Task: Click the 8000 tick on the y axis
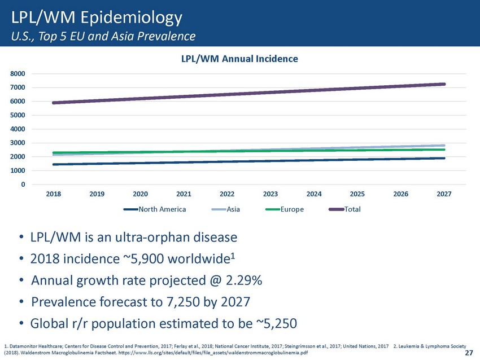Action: tap(18, 74)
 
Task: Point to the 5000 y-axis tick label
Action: tap(18, 116)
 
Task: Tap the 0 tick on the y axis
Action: tap(23, 185)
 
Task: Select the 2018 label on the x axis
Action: tap(54, 194)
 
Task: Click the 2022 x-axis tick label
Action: tap(227, 194)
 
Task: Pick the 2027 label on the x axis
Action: tap(444, 194)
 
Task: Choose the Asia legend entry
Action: tap(234, 209)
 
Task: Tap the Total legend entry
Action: tap(351, 209)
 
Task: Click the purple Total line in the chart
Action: tap(248, 94)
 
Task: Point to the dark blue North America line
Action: tap(248, 161)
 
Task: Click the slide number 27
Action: tap(468, 353)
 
